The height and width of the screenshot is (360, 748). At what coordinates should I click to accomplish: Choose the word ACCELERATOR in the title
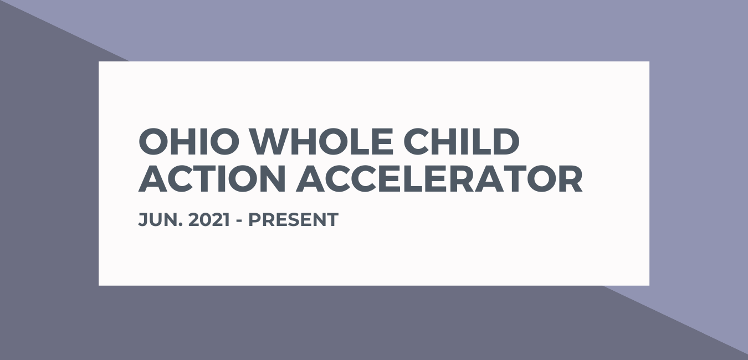pyautogui.click(x=439, y=179)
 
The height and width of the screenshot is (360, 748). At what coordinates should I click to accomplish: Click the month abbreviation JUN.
pyautogui.click(x=158, y=220)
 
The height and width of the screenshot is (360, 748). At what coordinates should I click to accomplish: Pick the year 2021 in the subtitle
pyautogui.click(x=209, y=220)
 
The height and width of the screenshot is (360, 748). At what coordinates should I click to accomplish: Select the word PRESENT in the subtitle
pyautogui.click(x=293, y=220)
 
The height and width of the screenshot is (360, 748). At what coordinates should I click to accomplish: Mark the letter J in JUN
pyautogui.click(x=142, y=220)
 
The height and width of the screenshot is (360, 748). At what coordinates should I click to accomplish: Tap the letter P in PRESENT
pyautogui.click(x=254, y=220)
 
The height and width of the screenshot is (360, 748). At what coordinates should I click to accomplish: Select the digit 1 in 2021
pyautogui.click(x=226, y=220)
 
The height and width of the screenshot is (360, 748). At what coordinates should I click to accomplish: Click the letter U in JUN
pyautogui.click(x=156, y=220)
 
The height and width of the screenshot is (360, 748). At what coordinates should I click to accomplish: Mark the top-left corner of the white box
pyautogui.click(x=100, y=62)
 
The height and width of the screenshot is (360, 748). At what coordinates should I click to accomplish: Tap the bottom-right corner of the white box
pyautogui.click(x=648, y=285)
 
